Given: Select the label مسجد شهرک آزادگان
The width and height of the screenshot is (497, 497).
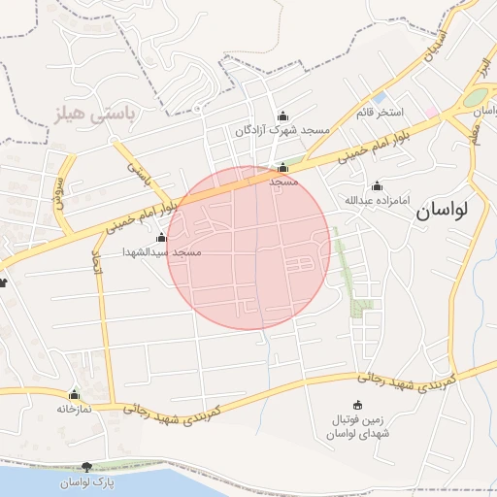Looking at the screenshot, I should click(x=282, y=129).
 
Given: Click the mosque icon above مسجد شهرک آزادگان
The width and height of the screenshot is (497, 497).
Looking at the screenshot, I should click(x=282, y=116).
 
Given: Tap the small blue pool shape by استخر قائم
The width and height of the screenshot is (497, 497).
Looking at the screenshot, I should click(x=380, y=97).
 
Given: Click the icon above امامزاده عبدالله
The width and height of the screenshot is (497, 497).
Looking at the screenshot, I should click(x=377, y=186).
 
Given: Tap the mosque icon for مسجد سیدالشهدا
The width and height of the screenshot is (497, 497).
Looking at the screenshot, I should click(x=161, y=238).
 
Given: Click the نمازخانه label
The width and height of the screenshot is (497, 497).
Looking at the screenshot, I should click(x=74, y=409).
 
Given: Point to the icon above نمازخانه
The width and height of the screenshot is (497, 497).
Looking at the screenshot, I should click(x=74, y=395).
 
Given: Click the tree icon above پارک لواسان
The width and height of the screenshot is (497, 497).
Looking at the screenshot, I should click(x=88, y=468).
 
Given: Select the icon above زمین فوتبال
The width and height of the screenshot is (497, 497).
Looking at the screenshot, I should click(x=357, y=405).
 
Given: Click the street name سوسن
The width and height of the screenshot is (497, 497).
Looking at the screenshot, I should click(x=59, y=184).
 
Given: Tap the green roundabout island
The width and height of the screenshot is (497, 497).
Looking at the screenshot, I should click(x=476, y=97).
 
